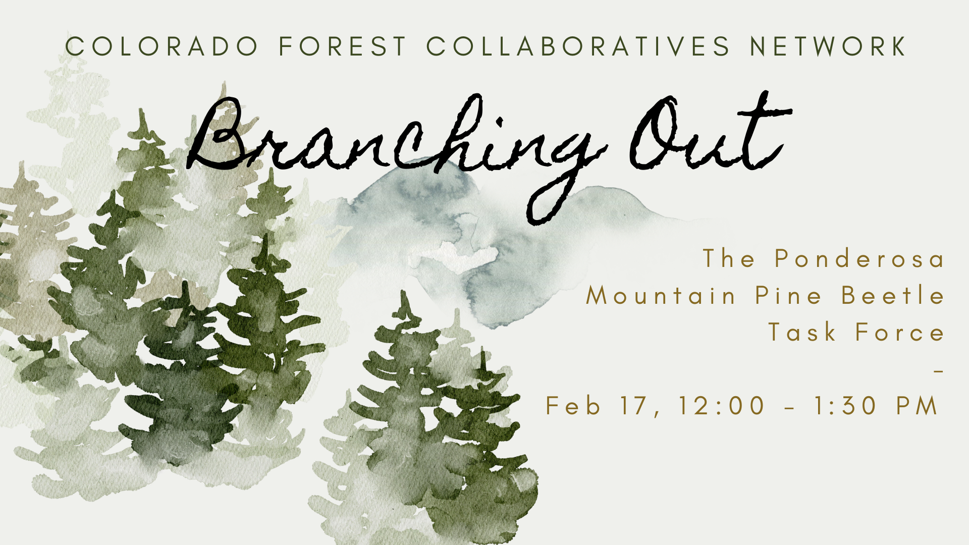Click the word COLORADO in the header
pyautogui.click(x=161, y=46)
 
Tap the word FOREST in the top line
pyautogui.click(x=343, y=46)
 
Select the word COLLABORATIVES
pyautogui.click(x=578, y=46)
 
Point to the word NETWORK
pyautogui.click(x=828, y=46)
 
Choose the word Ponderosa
pyautogui.click(x=859, y=258)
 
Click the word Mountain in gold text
pyautogui.click(x=661, y=295)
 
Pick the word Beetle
pyautogui.click(x=893, y=295)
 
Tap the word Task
pyautogui.click(x=802, y=333)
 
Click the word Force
pyautogui.click(x=900, y=333)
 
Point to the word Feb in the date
pyautogui.click(x=573, y=406)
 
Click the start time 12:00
pyautogui.click(x=722, y=406)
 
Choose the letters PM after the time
pyautogui.click(x=917, y=406)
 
